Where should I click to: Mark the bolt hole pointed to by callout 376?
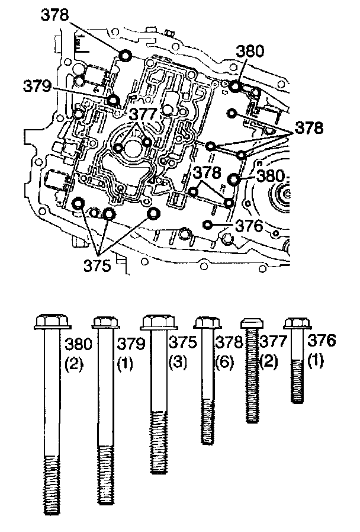pos(207,225)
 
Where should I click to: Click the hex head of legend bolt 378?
pos(204,323)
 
